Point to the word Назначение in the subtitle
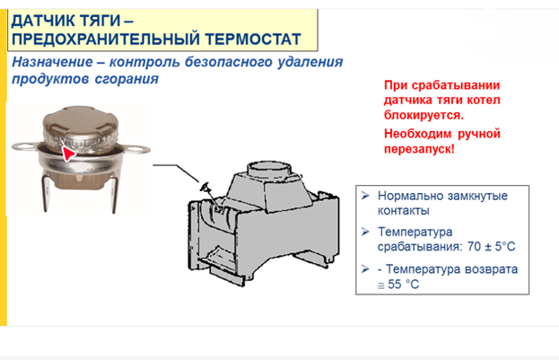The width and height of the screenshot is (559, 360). pyautogui.click(x=52, y=62)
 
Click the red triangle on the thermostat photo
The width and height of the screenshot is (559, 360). pyautogui.click(x=67, y=154)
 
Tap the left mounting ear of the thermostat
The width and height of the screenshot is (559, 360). pyautogui.click(x=25, y=146)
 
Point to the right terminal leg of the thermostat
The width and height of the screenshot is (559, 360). pyautogui.click(x=113, y=195)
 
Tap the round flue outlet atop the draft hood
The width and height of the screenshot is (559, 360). pyautogui.click(x=269, y=168)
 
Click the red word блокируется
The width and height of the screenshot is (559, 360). pyautogui.click(x=424, y=115)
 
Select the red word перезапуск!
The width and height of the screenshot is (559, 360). pyautogui.click(x=419, y=149)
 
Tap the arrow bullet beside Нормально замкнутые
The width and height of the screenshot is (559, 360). pyautogui.click(x=365, y=196)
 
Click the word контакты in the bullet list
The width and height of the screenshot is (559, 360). pyautogui.click(x=403, y=211)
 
